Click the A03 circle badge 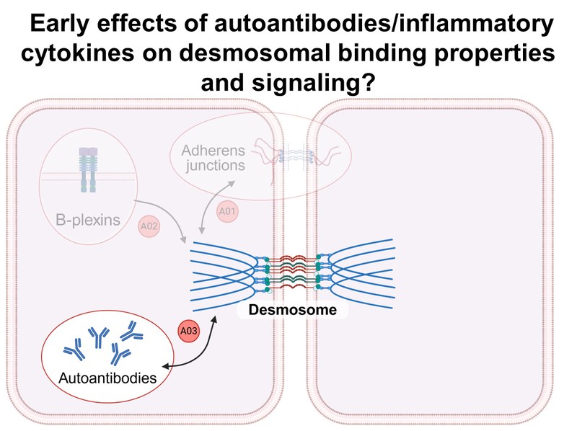click(188, 333)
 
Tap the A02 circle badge click(148, 226)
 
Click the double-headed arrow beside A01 click(208, 210)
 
